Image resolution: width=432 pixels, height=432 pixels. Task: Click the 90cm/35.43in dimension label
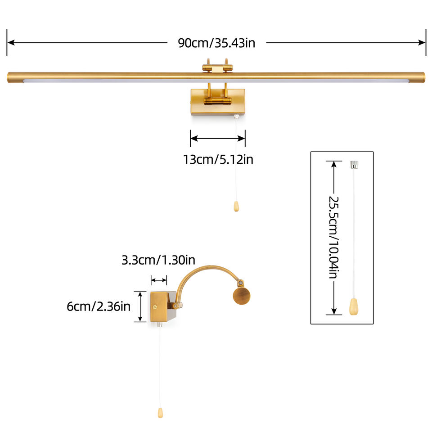pos(217,43)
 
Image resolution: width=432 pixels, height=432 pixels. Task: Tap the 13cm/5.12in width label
pos(218,159)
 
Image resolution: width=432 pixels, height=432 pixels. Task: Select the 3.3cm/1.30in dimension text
pos(158,260)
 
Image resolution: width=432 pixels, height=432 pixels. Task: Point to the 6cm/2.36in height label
pos(99,306)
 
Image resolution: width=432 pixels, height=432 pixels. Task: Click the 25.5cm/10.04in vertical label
pos(333,237)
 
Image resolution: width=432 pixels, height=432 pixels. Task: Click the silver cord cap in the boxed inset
pos(354,164)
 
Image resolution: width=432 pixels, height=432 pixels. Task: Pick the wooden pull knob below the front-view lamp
pos(236,206)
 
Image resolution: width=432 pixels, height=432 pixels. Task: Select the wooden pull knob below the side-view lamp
pos(160,412)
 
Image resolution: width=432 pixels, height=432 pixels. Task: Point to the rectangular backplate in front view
pos(218,102)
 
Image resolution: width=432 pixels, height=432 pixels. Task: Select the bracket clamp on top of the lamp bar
pos(217,67)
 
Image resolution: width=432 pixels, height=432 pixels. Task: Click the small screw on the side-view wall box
pos(155,308)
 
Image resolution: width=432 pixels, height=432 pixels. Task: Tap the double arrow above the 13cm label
pos(218,138)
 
